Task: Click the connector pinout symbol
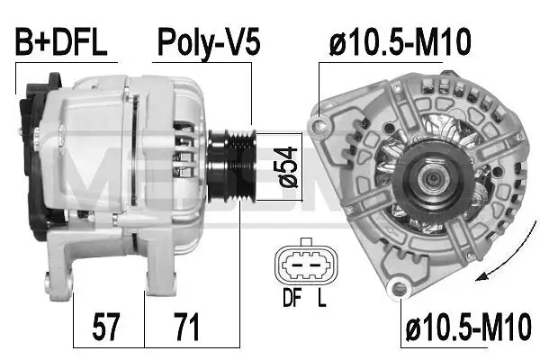click(303, 263)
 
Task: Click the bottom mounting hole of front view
click(396, 288)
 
